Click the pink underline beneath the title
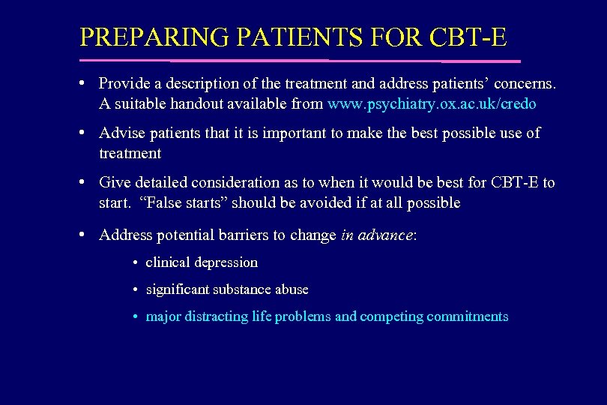300,60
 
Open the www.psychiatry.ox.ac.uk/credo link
432,103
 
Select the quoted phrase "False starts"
175,203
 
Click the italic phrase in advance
376,235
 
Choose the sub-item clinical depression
202,262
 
